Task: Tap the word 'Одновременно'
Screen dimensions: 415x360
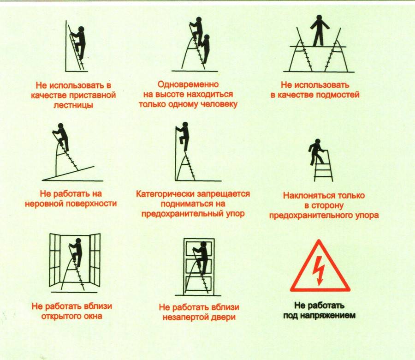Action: (x=188, y=84)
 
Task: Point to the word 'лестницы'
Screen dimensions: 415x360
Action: (x=73, y=105)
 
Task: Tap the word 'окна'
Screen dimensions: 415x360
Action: (x=92, y=316)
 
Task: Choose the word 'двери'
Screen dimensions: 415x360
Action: (x=225, y=317)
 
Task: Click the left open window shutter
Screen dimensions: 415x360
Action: (x=55, y=259)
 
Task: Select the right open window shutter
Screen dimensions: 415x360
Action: (x=95, y=259)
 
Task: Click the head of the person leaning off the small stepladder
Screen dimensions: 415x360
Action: (x=318, y=142)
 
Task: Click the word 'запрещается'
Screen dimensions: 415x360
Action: (x=221, y=194)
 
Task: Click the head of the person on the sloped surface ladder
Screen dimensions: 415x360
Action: (x=61, y=126)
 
